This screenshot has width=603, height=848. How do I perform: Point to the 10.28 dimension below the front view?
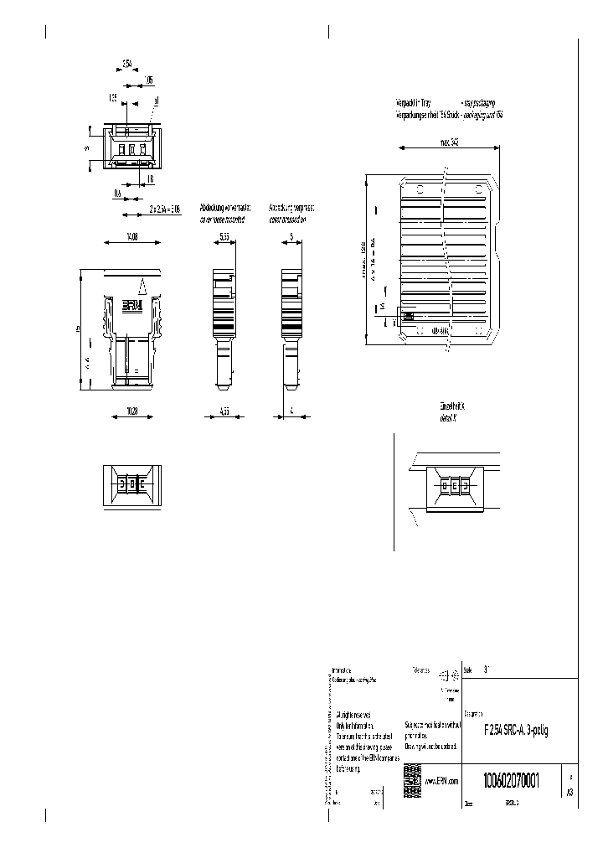coord(132,411)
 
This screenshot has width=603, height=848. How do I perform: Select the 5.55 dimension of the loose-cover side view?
coord(224,237)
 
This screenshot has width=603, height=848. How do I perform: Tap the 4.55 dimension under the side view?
coord(224,411)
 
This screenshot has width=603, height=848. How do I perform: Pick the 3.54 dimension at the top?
coord(127,64)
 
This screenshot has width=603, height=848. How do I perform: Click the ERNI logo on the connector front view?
coord(132,306)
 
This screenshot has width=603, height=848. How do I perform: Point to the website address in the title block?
coord(441,781)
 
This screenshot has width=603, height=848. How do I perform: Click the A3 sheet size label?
coord(569,790)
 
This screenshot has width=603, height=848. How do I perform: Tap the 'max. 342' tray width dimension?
coord(448,142)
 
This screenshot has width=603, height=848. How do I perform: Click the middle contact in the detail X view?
coord(453,485)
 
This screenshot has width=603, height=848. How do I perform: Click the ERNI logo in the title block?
coord(411,775)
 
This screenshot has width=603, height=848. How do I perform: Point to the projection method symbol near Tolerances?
coord(455,675)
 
